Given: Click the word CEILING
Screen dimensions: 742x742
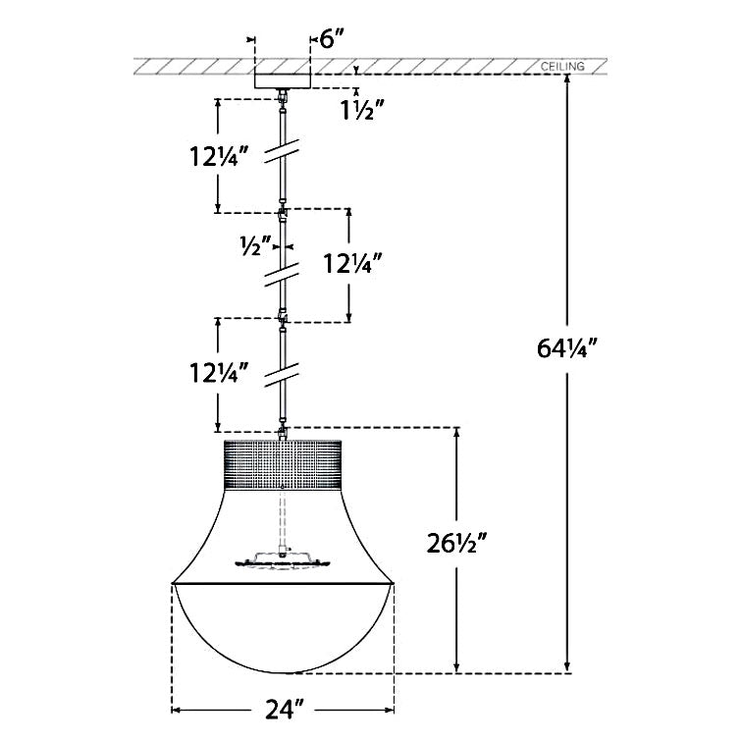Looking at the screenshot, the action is point(562,67).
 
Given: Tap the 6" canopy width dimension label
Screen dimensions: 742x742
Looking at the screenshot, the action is point(332,39).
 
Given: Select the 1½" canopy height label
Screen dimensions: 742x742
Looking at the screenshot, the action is point(362,110).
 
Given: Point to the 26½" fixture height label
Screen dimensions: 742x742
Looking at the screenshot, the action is point(456,543).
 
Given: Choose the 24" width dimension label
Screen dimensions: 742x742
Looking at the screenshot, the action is point(284,710).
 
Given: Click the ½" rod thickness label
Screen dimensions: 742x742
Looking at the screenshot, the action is point(255,245).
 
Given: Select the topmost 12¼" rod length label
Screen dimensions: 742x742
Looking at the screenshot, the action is point(219,156).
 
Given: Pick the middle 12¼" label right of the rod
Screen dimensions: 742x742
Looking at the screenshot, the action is point(352,263).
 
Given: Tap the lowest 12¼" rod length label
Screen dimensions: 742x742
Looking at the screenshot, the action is point(219,372).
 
